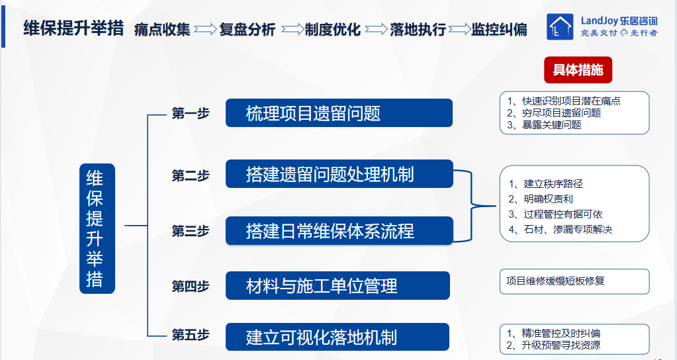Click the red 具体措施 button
click(x=578, y=70)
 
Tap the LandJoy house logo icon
click(x=560, y=26)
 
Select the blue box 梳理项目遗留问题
click(x=339, y=113)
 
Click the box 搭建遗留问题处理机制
click(x=339, y=174)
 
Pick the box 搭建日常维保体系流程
click(x=339, y=231)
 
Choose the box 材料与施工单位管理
click(x=338, y=285)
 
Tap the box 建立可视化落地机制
click(x=338, y=337)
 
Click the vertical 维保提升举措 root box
click(x=97, y=229)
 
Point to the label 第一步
click(x=191, y=113)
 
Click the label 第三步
click(x=191, y=231)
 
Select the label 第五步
click(x=191, y=335)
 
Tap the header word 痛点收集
click(x=162, y=29)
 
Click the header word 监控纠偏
click(x=499, y=29)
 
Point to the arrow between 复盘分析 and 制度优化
click(x=293, y=29)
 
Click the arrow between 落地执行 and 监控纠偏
click(x=459, y=29)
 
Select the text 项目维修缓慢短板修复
click(x=555, y=281)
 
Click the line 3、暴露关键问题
click(x=544, y=125)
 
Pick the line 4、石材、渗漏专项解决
click(x=561, y=230)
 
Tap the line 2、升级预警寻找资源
click(x=553, y=345)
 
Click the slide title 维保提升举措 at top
click(x=73, y=28)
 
